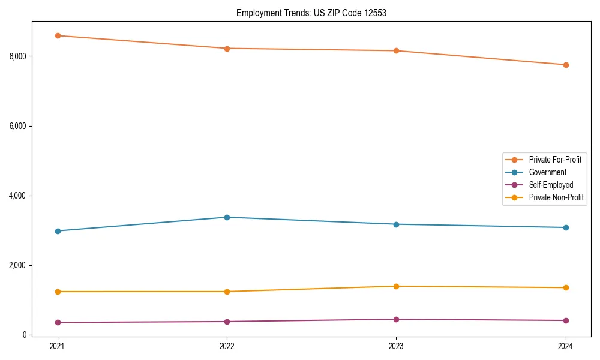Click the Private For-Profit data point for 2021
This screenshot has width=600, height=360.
tap(58, 35)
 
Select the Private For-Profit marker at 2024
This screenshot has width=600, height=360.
tap(566, 65)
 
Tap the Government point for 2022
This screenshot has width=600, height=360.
tap(227, 217)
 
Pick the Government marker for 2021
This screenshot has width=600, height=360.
tap(58, 231)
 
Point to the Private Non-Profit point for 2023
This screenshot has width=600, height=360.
tap(396, 286)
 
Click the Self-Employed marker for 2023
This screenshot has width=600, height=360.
tap(396, 319)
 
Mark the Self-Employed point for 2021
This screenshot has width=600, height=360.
tap(58, 323)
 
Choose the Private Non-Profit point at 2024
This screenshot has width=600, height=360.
tap(566, 288)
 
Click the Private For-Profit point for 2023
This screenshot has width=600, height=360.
tap(396, 51)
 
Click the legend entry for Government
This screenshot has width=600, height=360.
tap(547, 172)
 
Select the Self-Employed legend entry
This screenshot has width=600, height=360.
tap(551, 185)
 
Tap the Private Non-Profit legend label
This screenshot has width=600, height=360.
tap(556, 197)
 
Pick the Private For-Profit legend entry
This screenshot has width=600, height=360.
tap(555, 160)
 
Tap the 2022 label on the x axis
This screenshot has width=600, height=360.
tap(227, 346)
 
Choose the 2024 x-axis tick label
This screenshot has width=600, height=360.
tap(566, 346)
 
